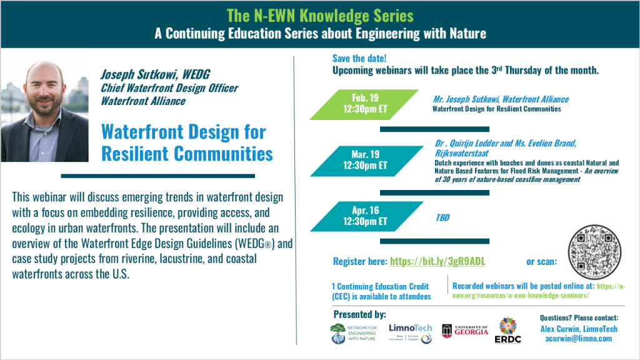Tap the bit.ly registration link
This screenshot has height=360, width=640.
[437, 261]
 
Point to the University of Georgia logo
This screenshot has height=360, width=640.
[465, 331]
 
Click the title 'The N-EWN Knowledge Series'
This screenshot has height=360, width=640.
[320, 14]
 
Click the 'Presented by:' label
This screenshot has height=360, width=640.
[359, 314]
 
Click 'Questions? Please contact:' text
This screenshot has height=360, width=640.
[578, 317]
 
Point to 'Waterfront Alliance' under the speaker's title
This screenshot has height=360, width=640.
[143, 101]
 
